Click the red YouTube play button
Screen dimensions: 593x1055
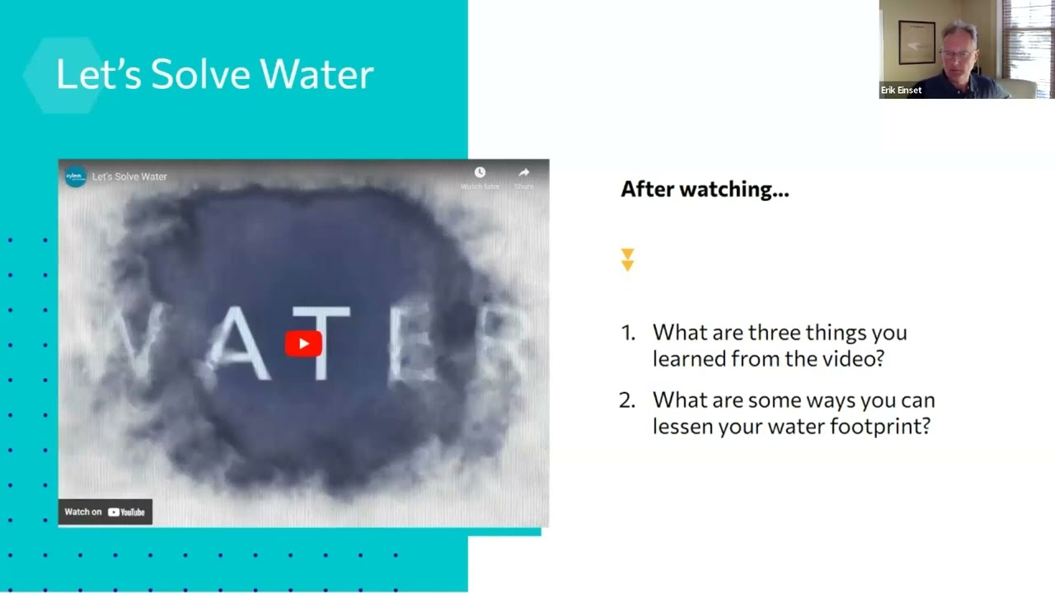click(303, 343)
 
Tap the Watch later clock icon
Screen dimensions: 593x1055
click(480, 173)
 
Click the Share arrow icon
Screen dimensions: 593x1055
click(523, 173)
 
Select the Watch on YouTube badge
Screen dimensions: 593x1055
click(105, 511)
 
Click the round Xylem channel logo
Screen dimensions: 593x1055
click(75, 176)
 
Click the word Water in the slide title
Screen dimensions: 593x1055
click(318, 75)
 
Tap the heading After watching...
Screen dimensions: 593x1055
click(704, 189)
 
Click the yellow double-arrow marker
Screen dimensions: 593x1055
click(627, 259)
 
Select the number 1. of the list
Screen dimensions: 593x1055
click(628, 333)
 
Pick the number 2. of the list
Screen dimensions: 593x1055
click(627, 400)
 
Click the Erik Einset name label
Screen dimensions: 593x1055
click(901, 91)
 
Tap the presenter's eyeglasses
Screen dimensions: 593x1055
click(956, 54)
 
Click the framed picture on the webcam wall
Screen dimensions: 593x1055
click(917, 41)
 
